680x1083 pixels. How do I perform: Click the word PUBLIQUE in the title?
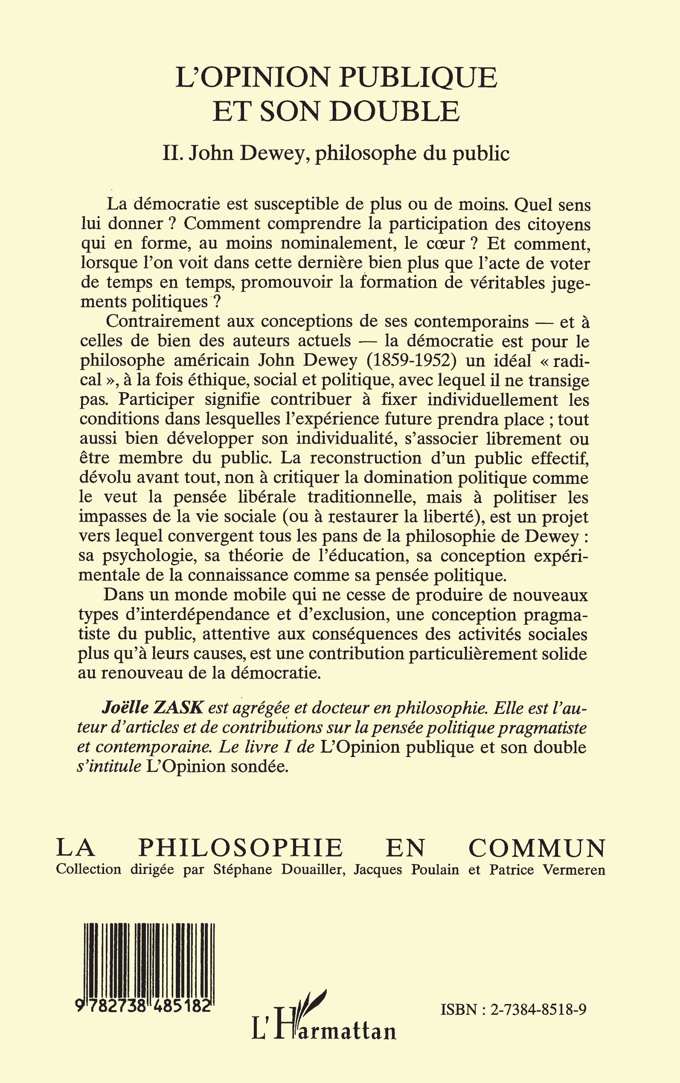(x=418, y=77)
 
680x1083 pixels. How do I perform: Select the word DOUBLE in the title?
(x=395, y=111)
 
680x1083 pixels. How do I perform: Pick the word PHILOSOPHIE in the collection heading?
(x=240, y=849)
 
